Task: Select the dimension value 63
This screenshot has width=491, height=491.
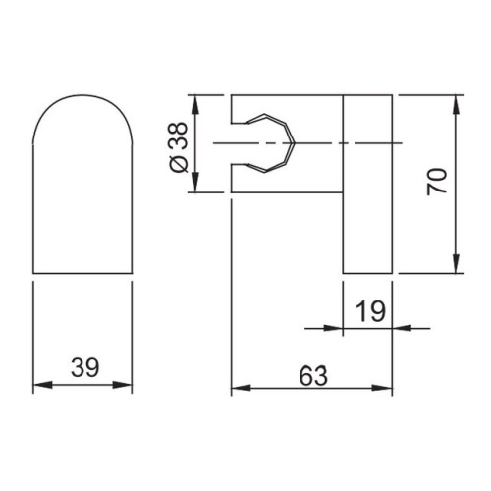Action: click(x=311, y=375)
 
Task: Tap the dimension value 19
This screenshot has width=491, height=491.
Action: click(x=368, y=312)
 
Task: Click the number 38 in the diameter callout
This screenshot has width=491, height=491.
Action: click(x=177, y=136)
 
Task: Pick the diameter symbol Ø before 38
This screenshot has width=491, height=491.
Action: click(x=177, y=162)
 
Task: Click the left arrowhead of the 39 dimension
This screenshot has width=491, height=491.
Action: click(x=40, y=386)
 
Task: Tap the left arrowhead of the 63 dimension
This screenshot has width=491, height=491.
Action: click(x=238, y=390)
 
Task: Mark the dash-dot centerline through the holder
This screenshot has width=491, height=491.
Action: click(x=314, y=145)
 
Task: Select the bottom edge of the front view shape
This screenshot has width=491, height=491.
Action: click(x=82, y=272)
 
